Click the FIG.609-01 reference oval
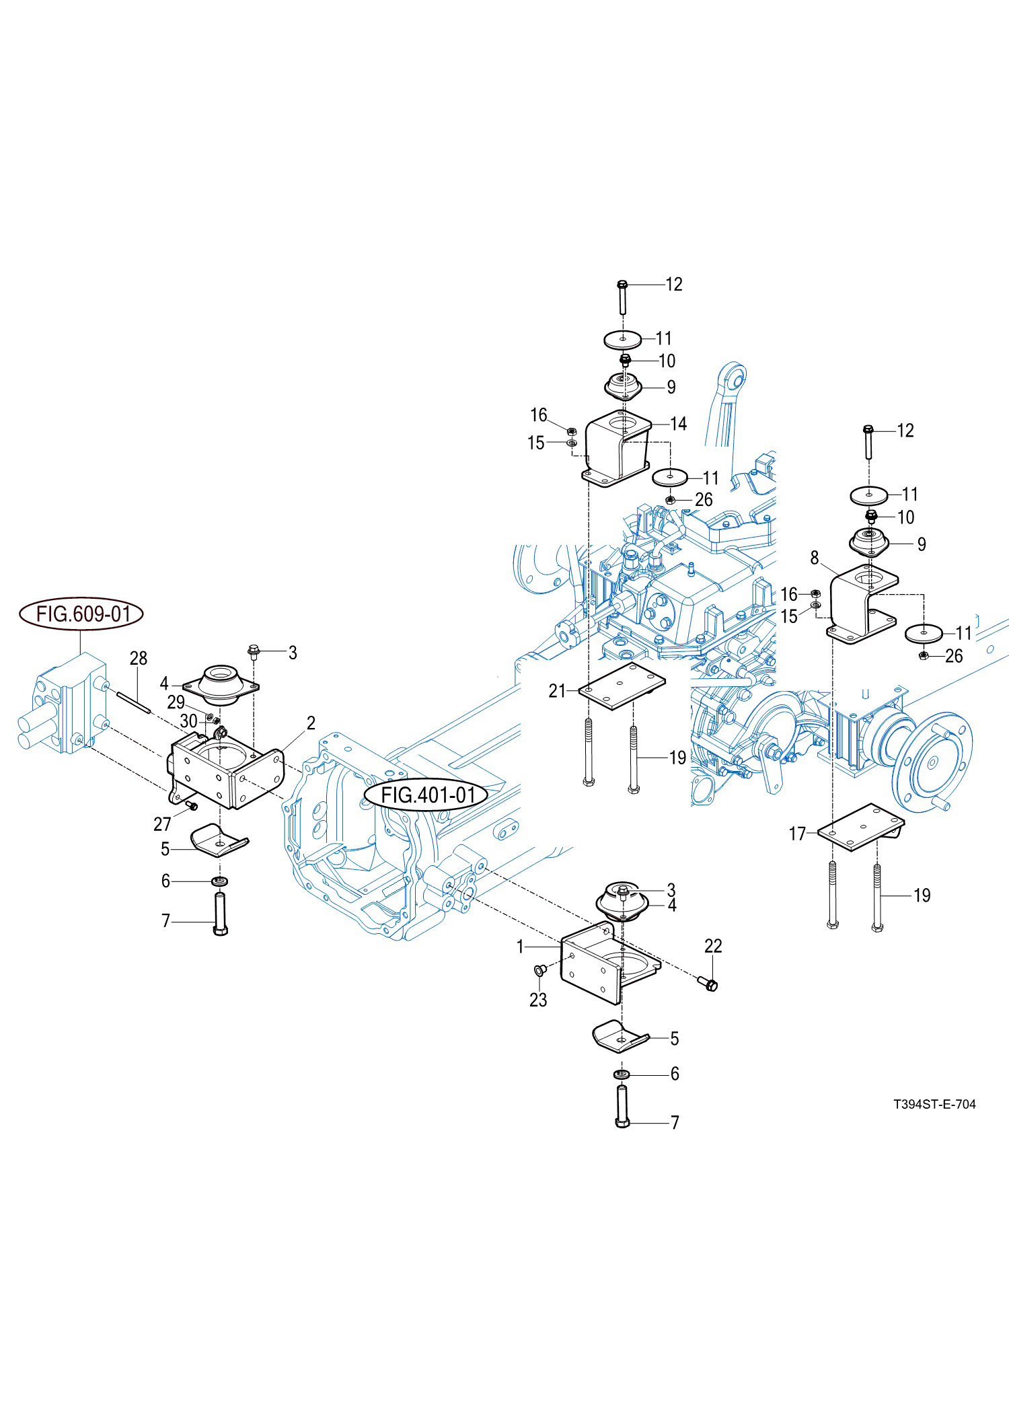coord(81,614)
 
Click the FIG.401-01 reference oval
coord(426,795)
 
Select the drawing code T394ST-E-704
coord(934,1104)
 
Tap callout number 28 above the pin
coord(138,658)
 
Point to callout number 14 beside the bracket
coord(678,424)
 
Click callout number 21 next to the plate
coord(557,691)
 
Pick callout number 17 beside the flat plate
coord(797,834)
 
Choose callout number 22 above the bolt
coord(713,946)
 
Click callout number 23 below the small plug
coord(538,1000)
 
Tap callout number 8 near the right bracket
coord(815,558)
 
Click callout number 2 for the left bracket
coord(311,723)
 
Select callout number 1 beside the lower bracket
coord(520,947)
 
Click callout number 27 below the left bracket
coord(162,824)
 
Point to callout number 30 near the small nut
coord(189,721)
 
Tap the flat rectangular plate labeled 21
coord(622,686)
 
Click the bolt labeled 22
coord(710,985)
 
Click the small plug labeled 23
coord(539,970)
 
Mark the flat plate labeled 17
coord(860,827)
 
